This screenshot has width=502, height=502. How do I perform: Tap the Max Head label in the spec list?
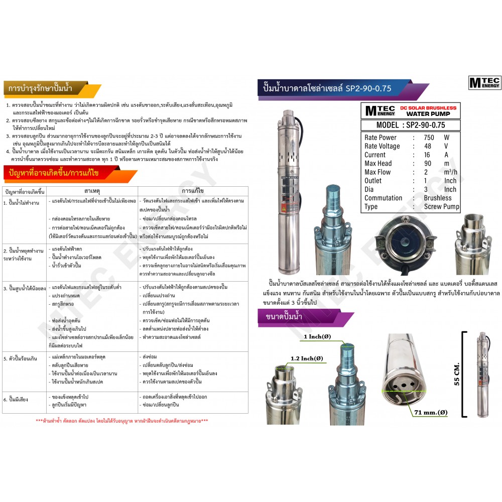tap(379, 163)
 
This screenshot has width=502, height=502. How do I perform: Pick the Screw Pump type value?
tap(442, 206)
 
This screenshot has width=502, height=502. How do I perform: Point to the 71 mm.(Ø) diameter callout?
tap(430, 413)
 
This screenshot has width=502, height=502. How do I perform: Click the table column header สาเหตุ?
tap(92, 191)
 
